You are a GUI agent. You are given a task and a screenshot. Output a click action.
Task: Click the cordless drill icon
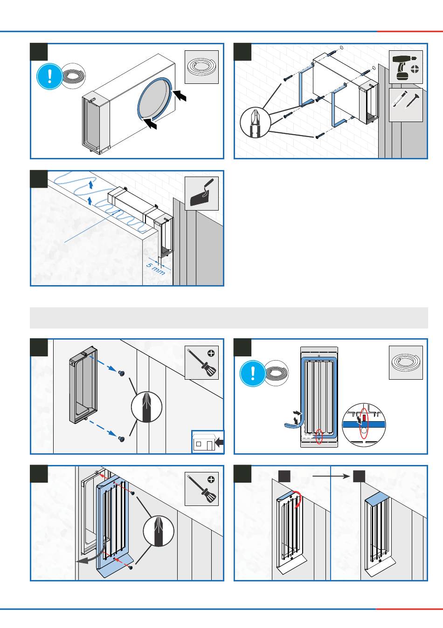406,67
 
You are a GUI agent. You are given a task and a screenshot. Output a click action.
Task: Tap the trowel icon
201,193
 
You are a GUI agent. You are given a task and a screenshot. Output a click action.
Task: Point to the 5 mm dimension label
156,269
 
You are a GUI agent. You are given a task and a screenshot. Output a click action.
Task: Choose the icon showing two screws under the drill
406,105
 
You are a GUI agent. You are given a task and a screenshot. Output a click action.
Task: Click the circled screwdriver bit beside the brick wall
255,122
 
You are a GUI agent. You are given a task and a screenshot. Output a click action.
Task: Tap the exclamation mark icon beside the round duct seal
49,76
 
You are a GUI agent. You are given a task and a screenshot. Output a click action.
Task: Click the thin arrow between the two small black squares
331,476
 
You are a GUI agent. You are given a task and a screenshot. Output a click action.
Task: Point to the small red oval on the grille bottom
319,436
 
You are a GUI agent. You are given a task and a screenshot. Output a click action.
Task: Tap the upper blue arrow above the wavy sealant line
91,185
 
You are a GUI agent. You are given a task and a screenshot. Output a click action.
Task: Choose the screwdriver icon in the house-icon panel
201,362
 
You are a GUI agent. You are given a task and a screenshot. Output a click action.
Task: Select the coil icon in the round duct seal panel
201,67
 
